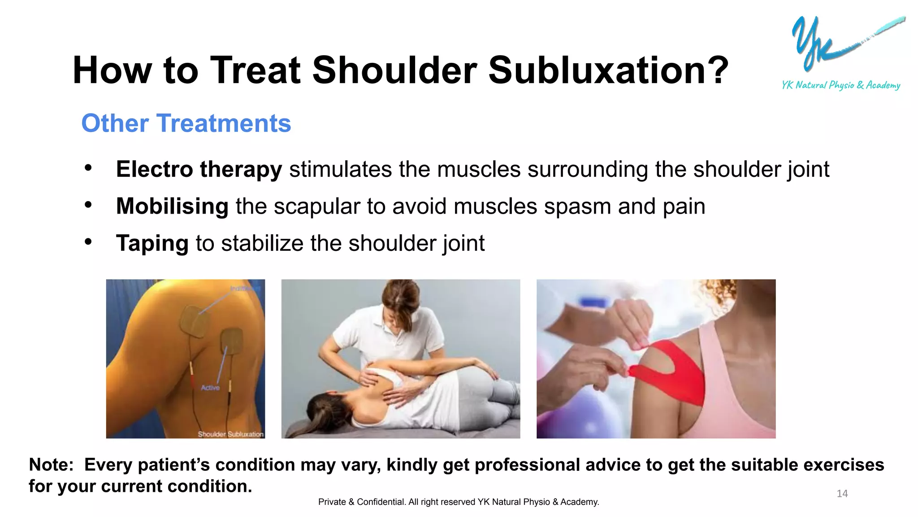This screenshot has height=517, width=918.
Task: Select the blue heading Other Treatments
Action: point(186,123)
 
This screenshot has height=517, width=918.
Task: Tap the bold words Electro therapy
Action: point(199,170)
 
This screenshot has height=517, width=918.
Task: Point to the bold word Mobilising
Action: point(172,206)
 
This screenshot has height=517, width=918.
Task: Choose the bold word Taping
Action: point(152,243)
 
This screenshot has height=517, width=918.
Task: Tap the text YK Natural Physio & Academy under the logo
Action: point(840,85)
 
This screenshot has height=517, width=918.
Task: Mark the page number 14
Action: point(842,494)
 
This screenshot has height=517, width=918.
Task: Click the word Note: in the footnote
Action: point(51,465)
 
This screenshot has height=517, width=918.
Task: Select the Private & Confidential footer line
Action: point(459,502)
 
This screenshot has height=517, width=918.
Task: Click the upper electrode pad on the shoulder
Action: point(194,320)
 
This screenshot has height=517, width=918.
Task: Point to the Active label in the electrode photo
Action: point(210,388)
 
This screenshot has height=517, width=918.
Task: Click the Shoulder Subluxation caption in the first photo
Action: point(230,434)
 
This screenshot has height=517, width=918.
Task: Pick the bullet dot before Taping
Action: point(88,242)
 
